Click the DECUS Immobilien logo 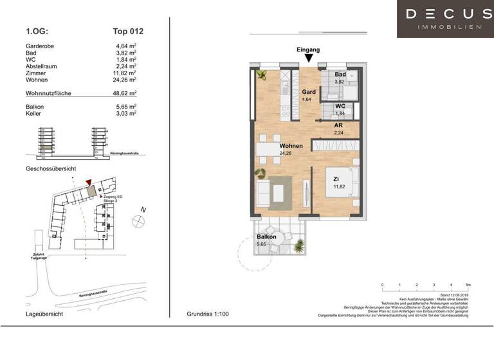pos(444,19)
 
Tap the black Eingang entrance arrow pos(308,59)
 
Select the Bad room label pos(340,75)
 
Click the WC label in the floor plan pos(340,105)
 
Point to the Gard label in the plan pos(309,92)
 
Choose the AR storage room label pos(338,125)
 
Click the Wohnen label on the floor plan pos(291,146)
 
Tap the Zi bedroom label pos(336,178)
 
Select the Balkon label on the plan pos(266,237)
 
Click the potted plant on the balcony pos(299,245)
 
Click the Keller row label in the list pos(35,113)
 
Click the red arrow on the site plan pos(88,183)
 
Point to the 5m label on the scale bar pos(468,285)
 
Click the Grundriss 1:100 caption pos(207,315)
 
